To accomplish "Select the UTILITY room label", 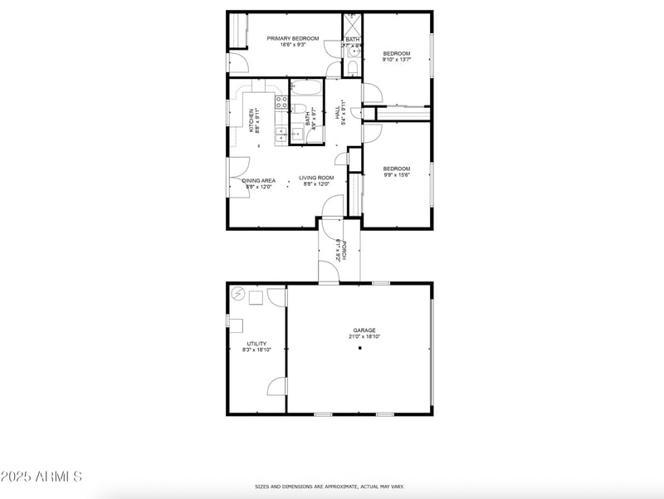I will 256,343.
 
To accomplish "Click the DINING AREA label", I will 259,180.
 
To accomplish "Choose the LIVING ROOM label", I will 316,178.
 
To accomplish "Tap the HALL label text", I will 337,111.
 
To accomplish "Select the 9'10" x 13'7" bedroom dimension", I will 396,60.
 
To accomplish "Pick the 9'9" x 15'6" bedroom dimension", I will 396,174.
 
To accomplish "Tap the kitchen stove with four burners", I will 281,103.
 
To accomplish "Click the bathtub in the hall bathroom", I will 306,88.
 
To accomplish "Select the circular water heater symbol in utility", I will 238,293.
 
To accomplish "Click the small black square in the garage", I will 360,349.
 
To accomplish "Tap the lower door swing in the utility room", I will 277,386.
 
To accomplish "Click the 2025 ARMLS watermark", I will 41,477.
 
